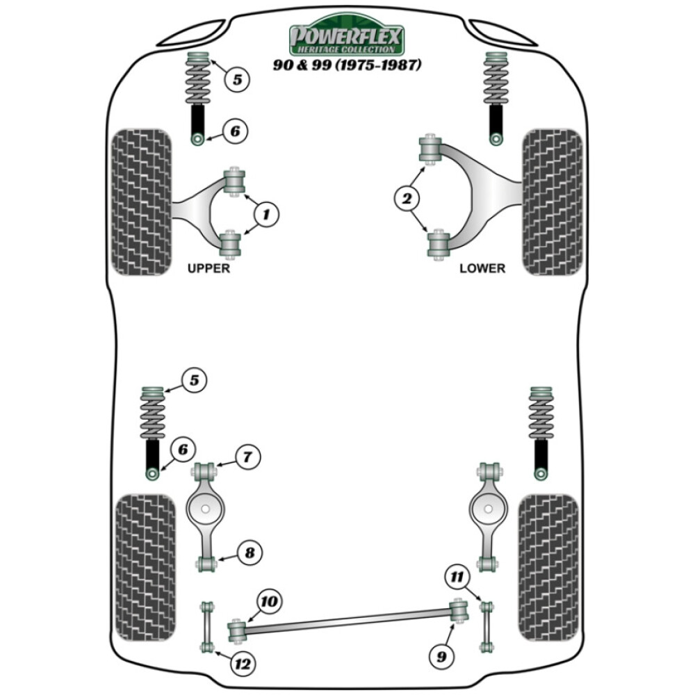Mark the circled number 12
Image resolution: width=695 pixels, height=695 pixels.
[241, 664]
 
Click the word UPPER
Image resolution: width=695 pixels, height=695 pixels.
[208, 268]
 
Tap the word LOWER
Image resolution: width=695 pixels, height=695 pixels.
[482, 268]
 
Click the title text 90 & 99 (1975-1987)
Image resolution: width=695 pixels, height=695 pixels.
[346, 67]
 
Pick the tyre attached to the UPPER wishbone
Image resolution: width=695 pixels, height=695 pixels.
[141, 202]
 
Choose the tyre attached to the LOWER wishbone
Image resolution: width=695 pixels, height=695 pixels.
[552, 202]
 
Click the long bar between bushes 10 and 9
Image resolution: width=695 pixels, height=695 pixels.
[347, 621]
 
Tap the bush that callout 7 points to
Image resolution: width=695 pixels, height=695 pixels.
[205, 471]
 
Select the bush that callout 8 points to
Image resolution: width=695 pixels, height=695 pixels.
[206, 563]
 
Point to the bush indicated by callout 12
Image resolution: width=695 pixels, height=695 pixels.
[205, 648]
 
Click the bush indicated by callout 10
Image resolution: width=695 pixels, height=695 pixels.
[237, 630]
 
